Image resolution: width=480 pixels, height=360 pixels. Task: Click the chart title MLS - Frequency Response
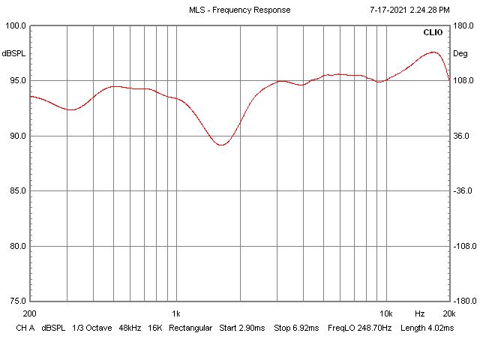pos(239,10)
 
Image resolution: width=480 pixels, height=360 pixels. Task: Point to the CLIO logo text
pos(433,32)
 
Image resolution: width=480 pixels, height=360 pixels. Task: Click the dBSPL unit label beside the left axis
pos(13,53)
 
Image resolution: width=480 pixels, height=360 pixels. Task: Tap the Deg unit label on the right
pos(460,53)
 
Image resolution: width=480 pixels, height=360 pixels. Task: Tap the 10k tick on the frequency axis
pos(386,313)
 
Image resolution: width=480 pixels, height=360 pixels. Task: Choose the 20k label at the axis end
pos(448,313)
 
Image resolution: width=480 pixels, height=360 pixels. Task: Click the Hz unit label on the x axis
pos(420,313)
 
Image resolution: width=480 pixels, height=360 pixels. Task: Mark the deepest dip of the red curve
pos(221,145)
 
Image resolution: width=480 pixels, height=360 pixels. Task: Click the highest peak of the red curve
pos(433,52)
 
